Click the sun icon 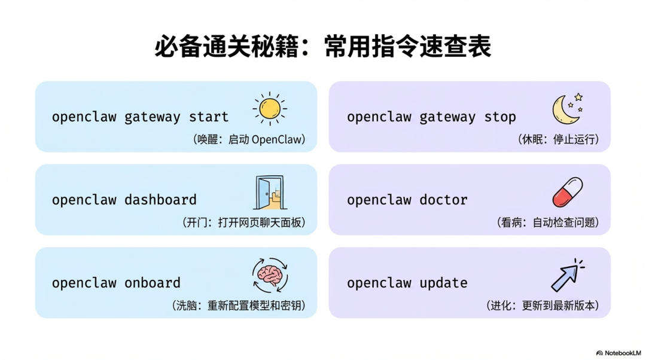point(270,109)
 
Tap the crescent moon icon point(565,109)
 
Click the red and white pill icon point(567,192)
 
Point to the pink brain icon point(270,275)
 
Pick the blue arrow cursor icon point(566,276)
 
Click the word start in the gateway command point(209,117)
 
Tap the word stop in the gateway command point(500,117)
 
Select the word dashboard point(160,200)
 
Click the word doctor point(443,200)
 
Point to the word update point(443,283)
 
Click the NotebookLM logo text point(622,353)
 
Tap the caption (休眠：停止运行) point(557,139)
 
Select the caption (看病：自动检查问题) point(547,222)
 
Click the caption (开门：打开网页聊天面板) point(243,222)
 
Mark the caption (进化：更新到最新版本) point(542,305)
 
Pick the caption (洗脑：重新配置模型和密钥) point(239,305)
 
